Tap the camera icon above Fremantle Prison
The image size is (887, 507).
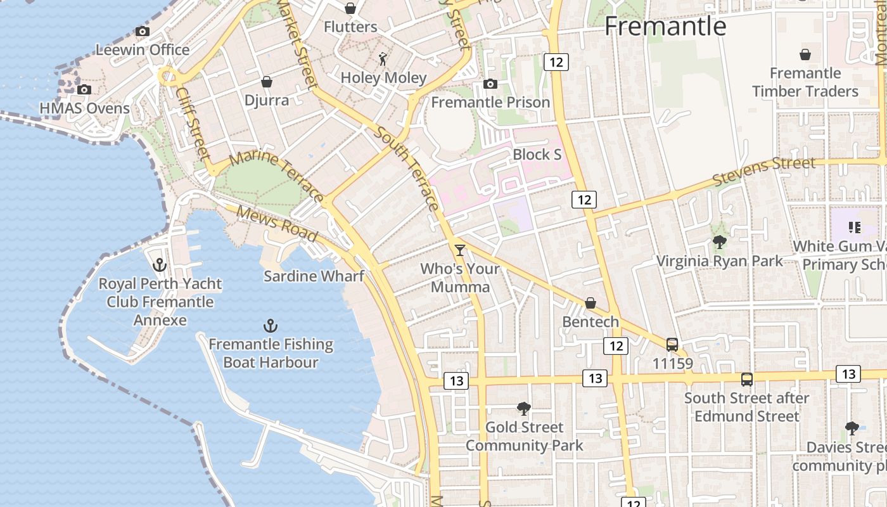[490, 84]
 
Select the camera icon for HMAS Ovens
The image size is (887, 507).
[84, 89]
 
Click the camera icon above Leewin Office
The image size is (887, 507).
[143, 31]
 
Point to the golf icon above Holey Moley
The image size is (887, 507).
[383, 59]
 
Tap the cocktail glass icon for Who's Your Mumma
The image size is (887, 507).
[460, 250]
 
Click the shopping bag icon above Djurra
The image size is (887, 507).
[267, 82]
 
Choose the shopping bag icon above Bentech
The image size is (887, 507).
[590, 303]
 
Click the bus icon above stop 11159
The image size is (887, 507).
[672, 345]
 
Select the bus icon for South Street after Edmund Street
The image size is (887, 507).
[747, 380]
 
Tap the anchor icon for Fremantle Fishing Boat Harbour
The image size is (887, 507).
[271, 326]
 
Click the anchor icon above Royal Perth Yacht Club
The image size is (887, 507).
[160, 265]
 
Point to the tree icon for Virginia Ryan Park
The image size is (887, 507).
[719, 242]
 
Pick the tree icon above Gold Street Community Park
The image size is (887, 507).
[523, 409]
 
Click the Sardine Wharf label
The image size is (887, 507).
[314, 276]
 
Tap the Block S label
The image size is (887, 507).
[537, 155]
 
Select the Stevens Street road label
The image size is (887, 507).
[764, 172]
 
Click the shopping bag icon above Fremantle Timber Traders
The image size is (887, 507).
[805, 55]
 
